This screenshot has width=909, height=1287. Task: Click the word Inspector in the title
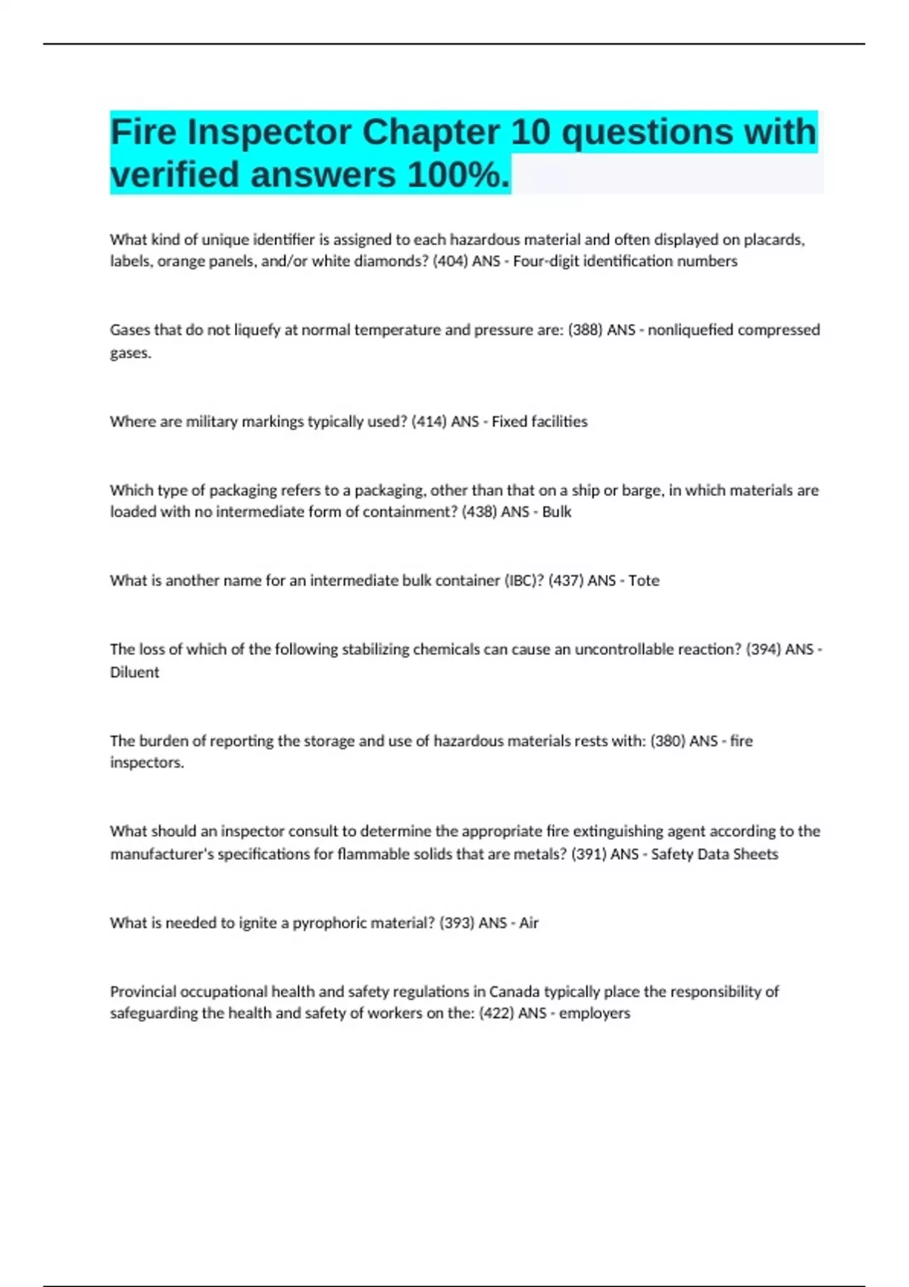[269, 132]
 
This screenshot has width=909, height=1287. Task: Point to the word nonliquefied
[690, 330]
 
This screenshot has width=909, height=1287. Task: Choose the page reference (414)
[429, 422]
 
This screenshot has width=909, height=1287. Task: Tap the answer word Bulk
[557, 512]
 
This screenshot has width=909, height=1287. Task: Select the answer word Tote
[644, 581]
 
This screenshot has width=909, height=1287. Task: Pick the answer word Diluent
[135, 672]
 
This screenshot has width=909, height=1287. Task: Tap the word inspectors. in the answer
[147, 762]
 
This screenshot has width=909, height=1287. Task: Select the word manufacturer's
[162, 854]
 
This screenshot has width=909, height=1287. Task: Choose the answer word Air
[529, 923]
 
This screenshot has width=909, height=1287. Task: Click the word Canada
[514, 992]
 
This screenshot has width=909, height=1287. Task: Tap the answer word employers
[595, 1013]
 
